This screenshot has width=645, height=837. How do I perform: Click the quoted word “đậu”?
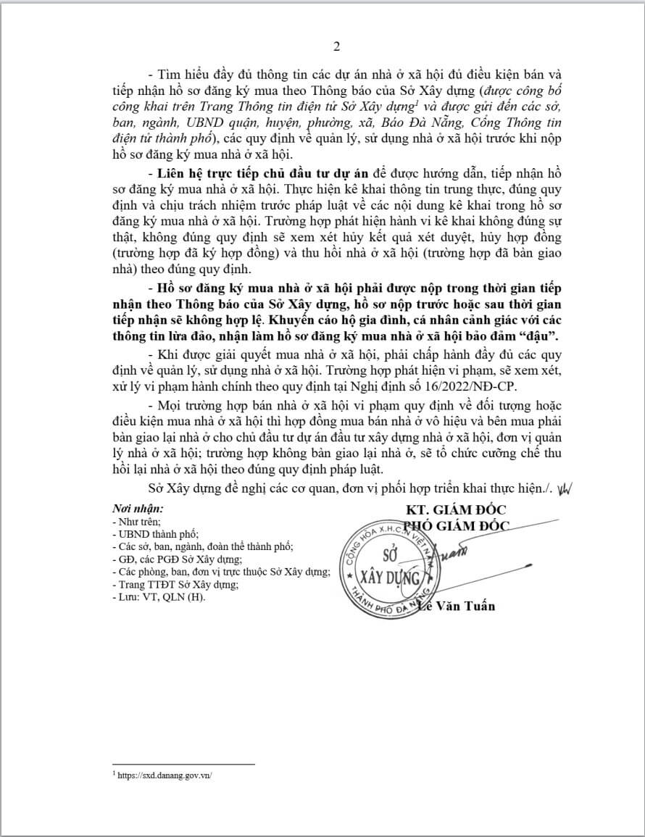tap(544, 338)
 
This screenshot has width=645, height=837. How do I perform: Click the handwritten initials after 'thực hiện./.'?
tap(565, 487)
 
